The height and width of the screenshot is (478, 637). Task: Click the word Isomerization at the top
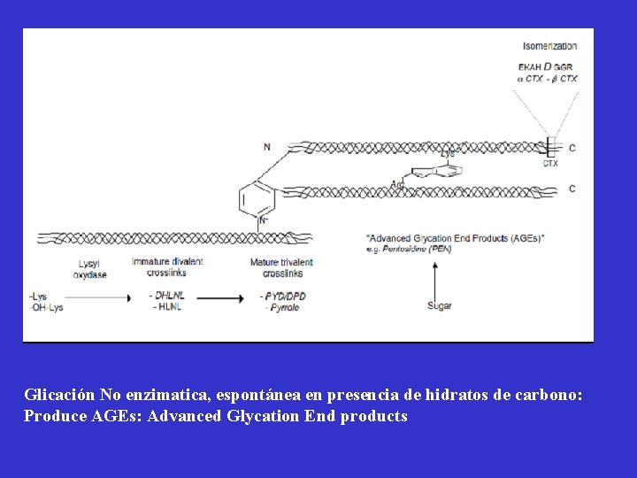[549, 46]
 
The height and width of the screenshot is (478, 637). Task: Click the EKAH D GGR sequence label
[547, 66]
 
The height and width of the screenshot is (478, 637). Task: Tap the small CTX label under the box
[549, 163]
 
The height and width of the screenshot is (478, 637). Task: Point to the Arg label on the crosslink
[398, 184]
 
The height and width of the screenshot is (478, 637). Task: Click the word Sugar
[439, 306]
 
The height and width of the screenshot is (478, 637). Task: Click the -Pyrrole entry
[282, 307]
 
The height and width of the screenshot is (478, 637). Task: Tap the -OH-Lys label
[48, 306]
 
